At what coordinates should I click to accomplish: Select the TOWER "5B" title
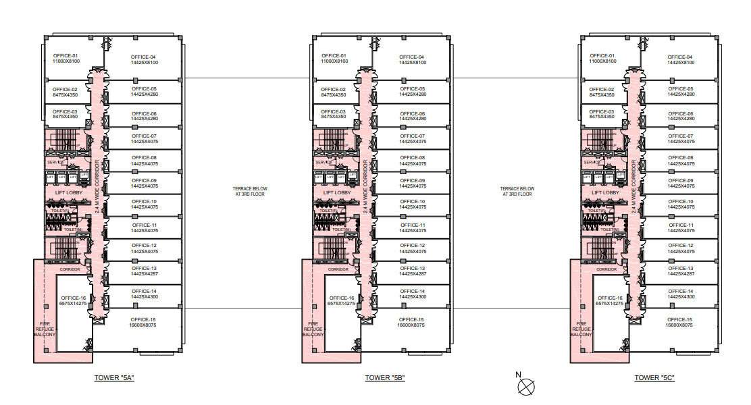[x=384, y=378]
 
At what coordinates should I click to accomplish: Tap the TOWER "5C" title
[x=653, y=378]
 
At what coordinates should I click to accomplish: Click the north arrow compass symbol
[x=525, y=385]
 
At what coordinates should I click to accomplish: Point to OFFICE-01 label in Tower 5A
[x=66, y=56]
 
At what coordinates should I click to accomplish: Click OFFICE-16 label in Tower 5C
[x=611, y=298]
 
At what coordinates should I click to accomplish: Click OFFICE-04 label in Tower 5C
[x=680, y=57]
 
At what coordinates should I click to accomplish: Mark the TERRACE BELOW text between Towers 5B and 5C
[x=517, y=191]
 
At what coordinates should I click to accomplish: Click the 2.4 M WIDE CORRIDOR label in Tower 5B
[x=365, y=186]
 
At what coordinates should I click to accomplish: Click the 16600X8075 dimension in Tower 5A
[x=143, y=325]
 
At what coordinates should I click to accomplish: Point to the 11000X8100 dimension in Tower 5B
[x=334, y=61]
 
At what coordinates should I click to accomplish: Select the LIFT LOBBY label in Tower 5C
[x=605, y=192]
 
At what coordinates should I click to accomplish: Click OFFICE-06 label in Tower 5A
[x=144, y=113]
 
